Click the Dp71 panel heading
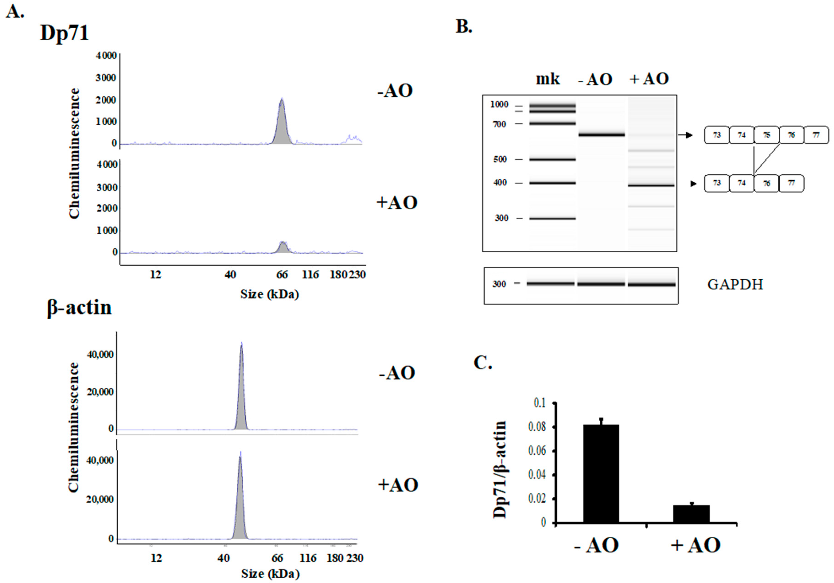[x=64, y=33]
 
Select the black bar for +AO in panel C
[x=691, y=514]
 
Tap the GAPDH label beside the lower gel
[x=735, y=284]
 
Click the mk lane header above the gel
[x=547, y=79]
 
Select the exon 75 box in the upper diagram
[x=766, y=135]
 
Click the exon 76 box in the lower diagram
[x=766, y=184]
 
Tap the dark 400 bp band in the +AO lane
[x=651, y=185]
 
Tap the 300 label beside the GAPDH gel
[x=499, y=284]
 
